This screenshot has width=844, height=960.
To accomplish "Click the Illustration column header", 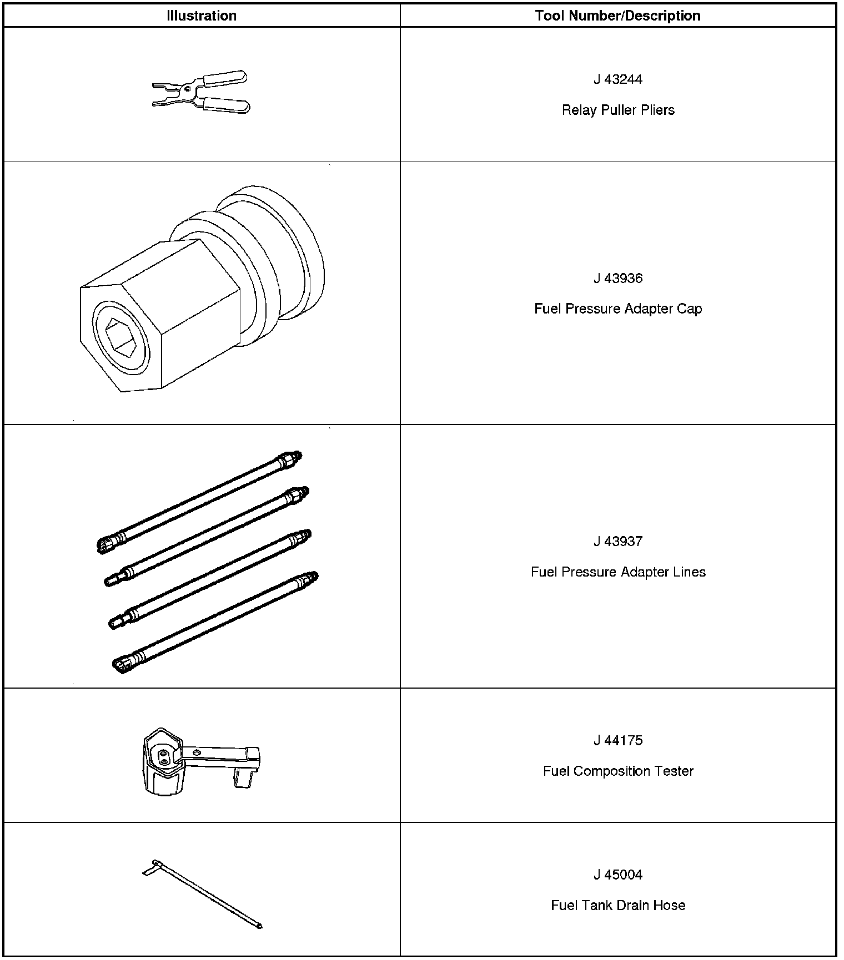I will tap(202, 16).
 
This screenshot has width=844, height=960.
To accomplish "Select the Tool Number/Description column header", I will tap(617, 16).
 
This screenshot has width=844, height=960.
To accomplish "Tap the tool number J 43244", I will tap(617, 79).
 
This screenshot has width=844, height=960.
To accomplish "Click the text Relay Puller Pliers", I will tap(617, 110).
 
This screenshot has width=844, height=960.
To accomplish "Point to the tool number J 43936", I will tap(617, 278).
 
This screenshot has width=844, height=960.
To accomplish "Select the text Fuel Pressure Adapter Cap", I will tap(617, 309).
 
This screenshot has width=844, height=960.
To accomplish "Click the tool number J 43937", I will tap(617, 541).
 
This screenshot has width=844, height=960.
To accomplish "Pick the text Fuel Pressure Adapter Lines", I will tap(617, 572).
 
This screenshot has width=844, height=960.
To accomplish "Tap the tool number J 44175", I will tap(617, 740).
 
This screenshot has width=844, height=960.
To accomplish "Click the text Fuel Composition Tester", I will tap(617, 771).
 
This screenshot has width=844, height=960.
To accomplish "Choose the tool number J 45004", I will tap(617, 875).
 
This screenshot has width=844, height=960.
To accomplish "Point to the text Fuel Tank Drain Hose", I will tap(617, 905).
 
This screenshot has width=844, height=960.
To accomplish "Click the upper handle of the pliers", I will tap(225, 77).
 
